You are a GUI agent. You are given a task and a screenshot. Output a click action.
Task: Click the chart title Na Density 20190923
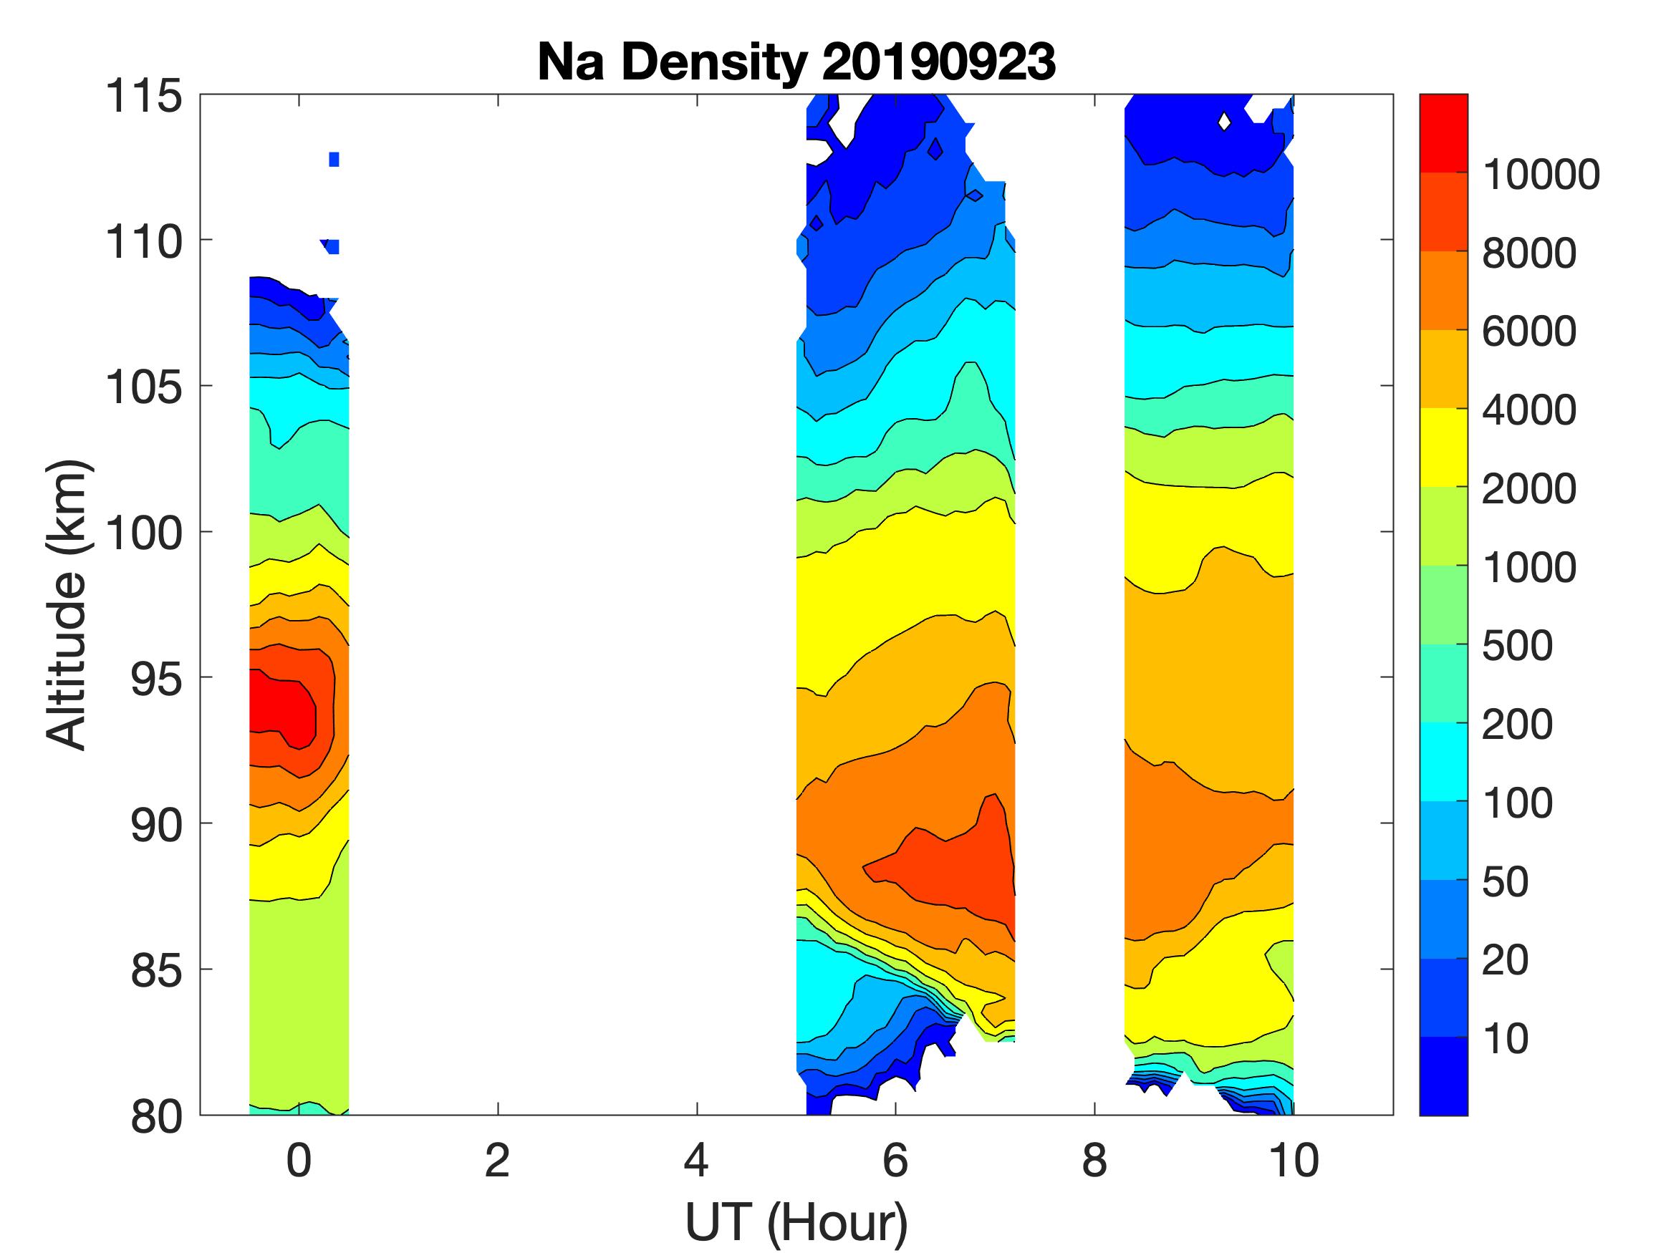tap(796, 61)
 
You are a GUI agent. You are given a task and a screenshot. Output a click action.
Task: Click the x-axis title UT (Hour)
tap(796, 1222)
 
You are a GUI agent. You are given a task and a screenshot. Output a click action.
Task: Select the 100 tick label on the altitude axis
tap(143, 533)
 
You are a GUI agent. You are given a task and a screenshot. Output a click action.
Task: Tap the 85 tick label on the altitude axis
tap(156, 969)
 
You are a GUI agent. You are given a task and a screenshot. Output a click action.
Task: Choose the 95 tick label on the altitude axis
tap(156, 678)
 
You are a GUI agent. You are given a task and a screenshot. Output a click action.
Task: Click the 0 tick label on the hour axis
tap(299, 1160)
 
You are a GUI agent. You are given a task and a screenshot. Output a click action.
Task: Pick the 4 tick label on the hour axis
tap(696, 1160)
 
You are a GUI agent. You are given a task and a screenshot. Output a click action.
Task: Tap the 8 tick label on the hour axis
tap(1094, 1160)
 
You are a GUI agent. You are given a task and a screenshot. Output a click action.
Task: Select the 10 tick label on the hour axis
tap(1294, 1160)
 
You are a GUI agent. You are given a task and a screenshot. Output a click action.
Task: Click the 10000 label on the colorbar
tap(1541, 175)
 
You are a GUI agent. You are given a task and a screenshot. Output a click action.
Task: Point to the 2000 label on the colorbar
tap(1529, 488)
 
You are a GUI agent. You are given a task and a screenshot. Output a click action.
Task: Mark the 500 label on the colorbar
tap(1517, 646)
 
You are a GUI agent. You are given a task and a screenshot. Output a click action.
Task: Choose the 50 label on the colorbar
tap(1505, 881)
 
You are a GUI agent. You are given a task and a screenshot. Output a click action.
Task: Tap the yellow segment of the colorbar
tap(1443, 447)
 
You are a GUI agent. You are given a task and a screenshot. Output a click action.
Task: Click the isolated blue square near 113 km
tap(334, 160)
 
